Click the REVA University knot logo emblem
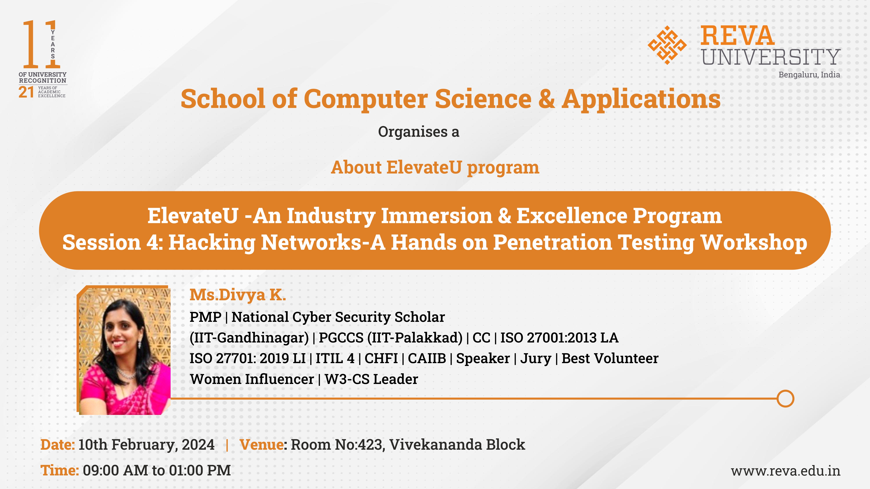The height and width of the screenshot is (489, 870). [667, 45]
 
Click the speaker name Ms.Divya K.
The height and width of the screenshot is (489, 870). [238, 295]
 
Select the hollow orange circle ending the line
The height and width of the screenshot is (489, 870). [785, 399]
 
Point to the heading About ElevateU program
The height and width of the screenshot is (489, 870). [435, 168]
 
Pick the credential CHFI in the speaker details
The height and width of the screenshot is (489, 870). [381, 358]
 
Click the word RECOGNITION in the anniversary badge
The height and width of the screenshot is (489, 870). [43, 81]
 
